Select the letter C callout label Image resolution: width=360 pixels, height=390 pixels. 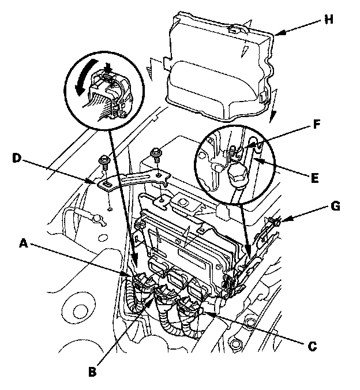pyautogui.click(x=312, y=346)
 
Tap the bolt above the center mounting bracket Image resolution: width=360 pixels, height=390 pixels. pyautogui.click(x=155, y=154)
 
